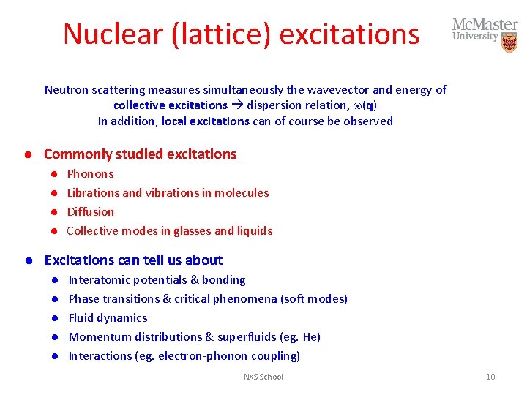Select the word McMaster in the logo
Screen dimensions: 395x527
coord(485,25)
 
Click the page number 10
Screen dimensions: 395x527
coord(490,377)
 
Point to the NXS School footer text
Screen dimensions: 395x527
coord(263,377)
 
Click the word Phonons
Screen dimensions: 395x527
coord(90,174)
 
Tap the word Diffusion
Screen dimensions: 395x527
coord(91,212)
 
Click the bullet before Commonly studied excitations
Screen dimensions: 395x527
coord(26,154)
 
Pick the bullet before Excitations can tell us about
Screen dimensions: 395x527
coord(26,260)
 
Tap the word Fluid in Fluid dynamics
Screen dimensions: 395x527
coord(81,318)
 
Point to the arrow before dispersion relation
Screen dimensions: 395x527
coord(237,105)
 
